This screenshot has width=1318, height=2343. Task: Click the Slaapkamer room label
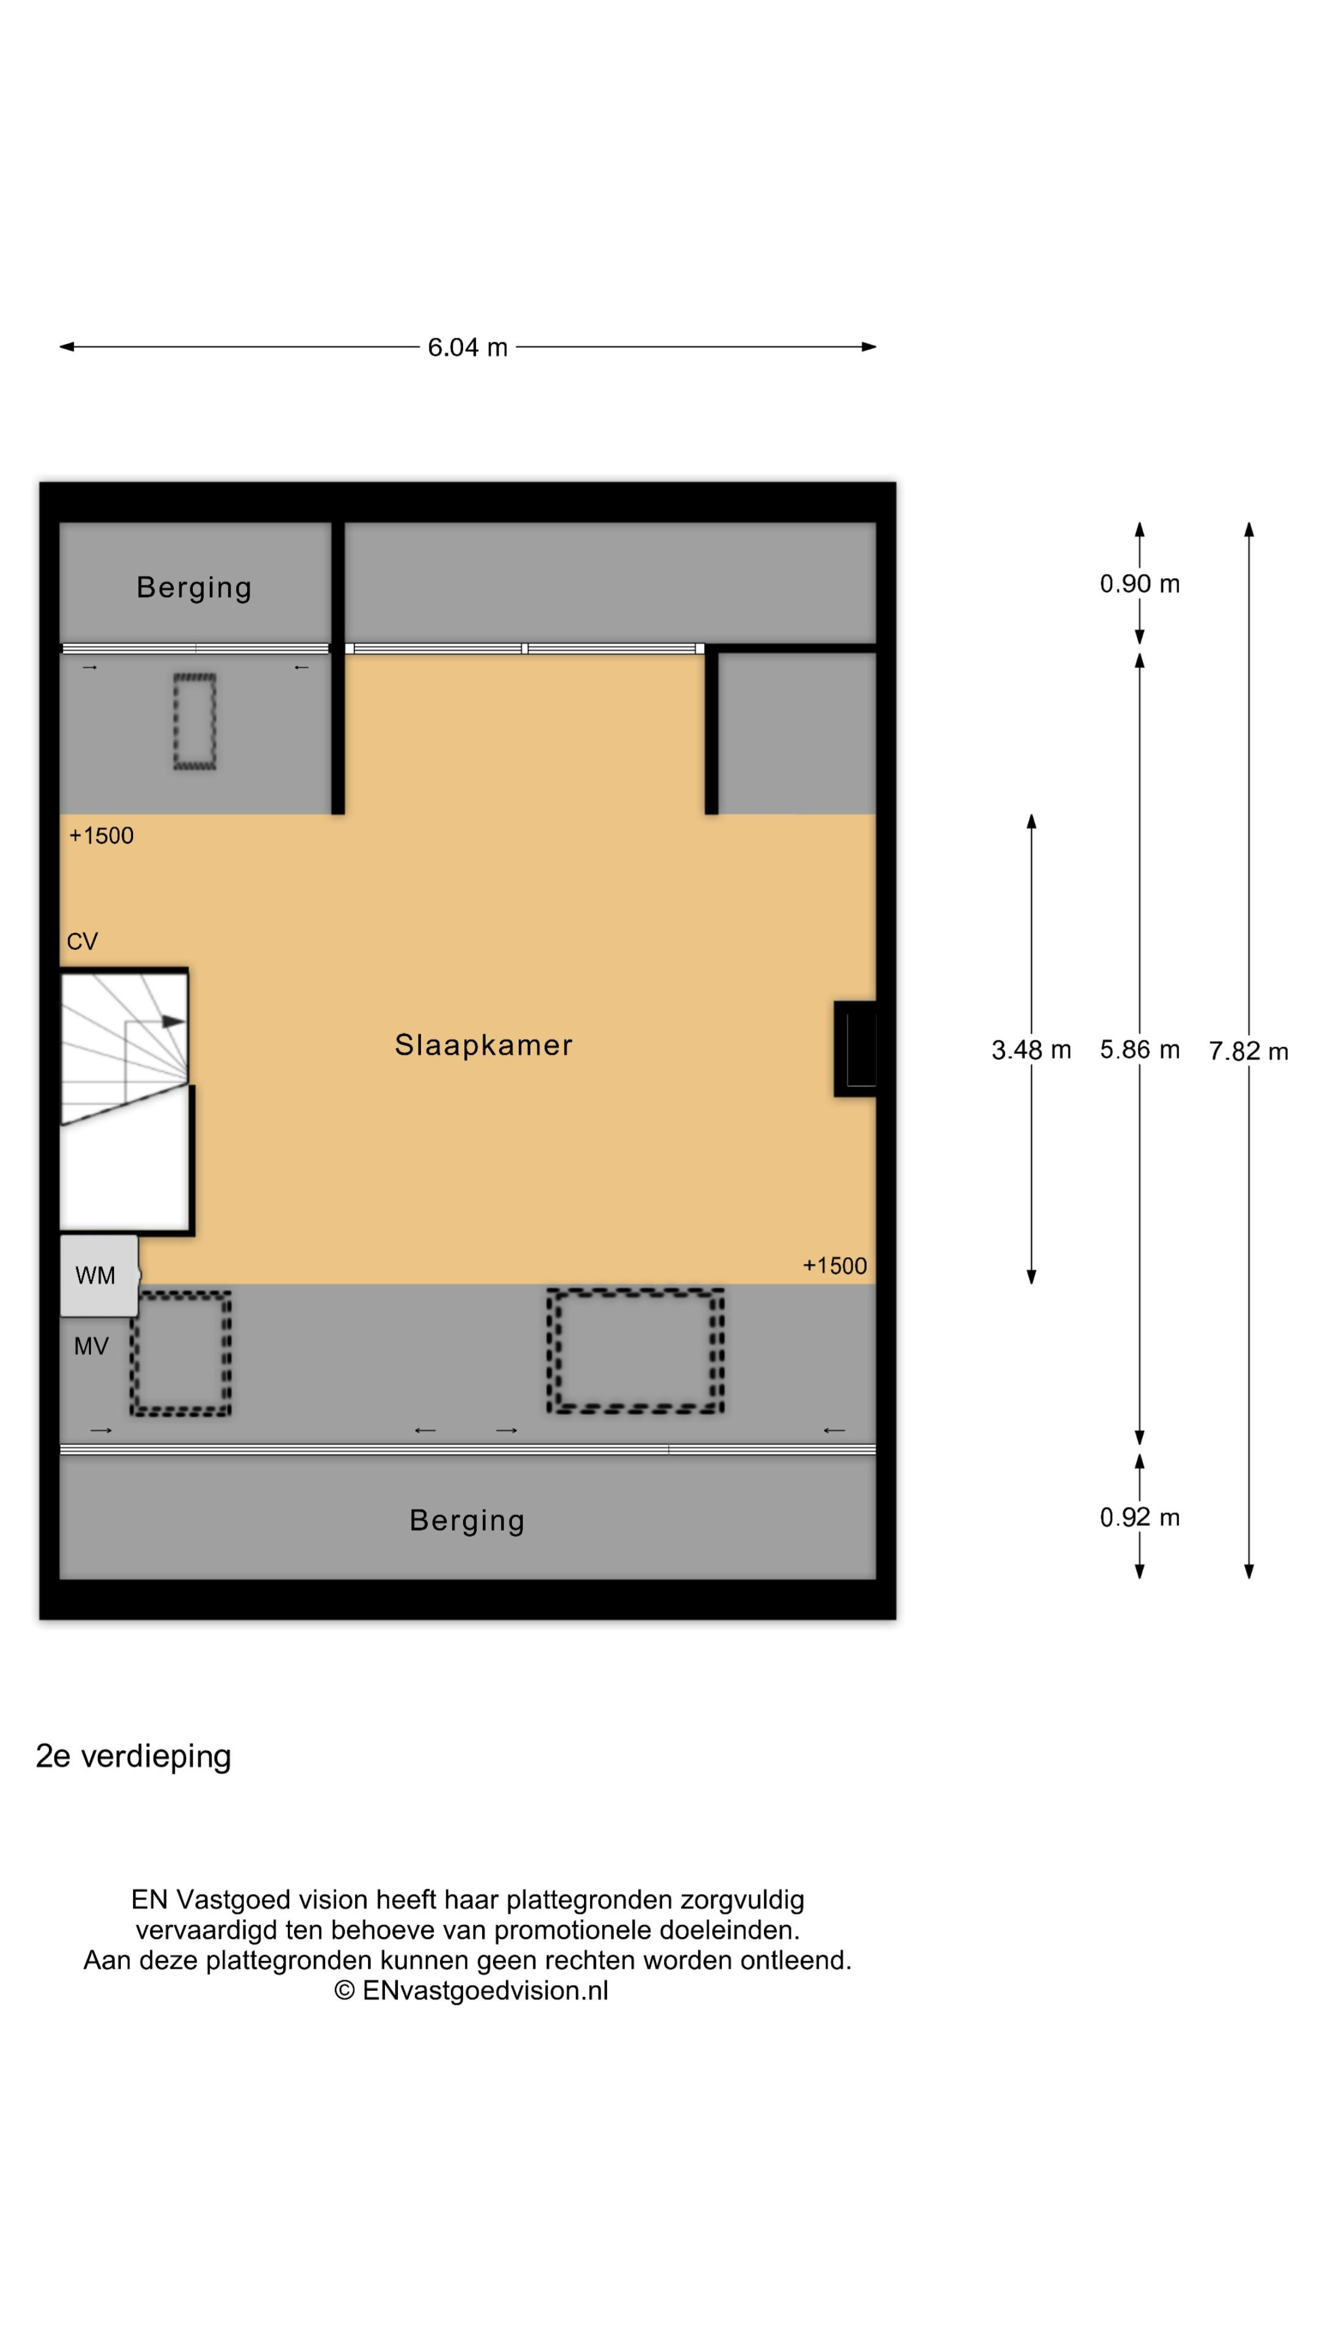(x=483, y=1045)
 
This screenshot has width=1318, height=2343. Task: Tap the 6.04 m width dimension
(x=467, y=347)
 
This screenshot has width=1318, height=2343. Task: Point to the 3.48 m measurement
(x=1031, y=1051)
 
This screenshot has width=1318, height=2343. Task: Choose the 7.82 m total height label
(x=1248, y=1051)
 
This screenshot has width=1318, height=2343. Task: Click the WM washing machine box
(x=99, y=1275)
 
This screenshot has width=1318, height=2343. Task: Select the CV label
(x=82, y=941)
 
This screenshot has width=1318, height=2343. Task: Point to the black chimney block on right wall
(x=855, y=1049)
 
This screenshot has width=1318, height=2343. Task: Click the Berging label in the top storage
(x=194, y=588)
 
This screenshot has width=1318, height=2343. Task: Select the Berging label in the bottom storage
(x=467, y=1521)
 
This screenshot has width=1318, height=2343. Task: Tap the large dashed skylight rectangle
(x=635, y=1351)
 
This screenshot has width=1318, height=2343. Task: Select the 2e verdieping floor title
(x=133, y=1757)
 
